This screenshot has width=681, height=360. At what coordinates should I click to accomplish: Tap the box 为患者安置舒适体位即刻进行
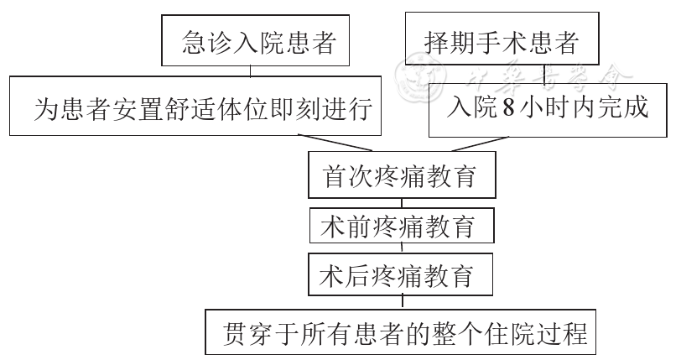coord(194,107)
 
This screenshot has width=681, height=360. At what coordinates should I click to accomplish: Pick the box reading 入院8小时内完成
coord(548,107)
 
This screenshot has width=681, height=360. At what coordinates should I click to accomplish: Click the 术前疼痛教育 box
coord(401,225)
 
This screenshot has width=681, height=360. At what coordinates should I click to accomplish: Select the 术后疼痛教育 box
coord(401,274)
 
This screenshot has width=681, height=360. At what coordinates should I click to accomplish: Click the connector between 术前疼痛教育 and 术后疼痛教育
coord(402,248)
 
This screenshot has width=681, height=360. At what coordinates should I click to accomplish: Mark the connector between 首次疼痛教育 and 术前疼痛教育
coord(402,202)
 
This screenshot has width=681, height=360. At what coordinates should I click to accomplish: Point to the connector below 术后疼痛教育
coord(402,300)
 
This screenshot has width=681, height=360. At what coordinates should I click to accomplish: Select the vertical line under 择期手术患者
coord(546,72)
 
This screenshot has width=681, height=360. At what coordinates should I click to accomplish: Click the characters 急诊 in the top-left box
coord(206,42)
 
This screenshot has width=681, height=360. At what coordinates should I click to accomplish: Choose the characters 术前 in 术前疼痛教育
coord(345,225)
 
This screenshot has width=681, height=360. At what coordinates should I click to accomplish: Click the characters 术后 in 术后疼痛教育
coord(345,274)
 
